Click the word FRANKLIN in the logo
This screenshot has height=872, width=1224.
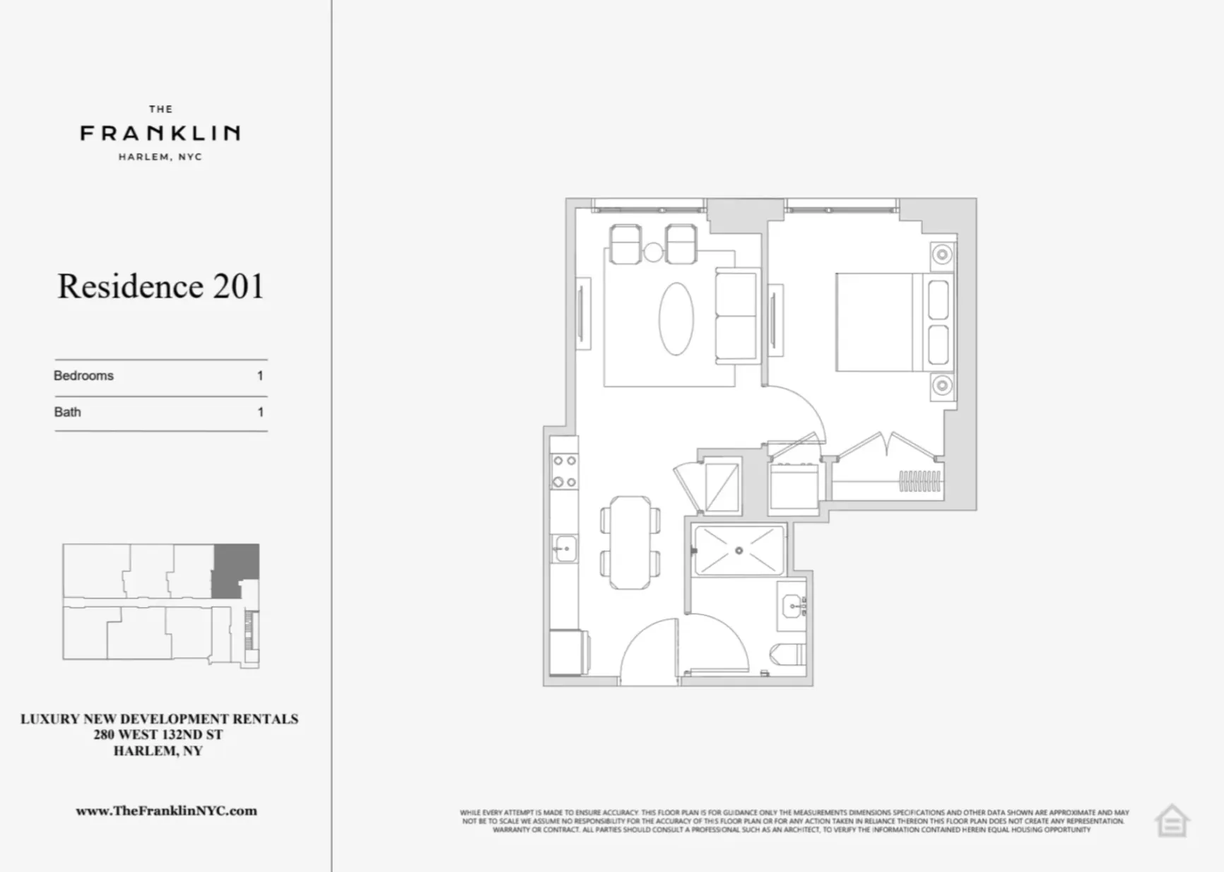160,133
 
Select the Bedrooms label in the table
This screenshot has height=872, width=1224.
83,376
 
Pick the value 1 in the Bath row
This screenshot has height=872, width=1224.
260,412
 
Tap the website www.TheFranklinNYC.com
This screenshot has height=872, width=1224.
166,811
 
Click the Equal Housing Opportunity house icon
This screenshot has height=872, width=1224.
1172,822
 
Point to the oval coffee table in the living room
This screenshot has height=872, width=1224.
676,319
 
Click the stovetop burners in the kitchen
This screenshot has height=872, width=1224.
564,471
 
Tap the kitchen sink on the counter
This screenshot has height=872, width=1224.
565,548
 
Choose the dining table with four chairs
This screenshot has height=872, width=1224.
630,542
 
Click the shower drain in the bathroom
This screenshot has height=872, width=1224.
738,550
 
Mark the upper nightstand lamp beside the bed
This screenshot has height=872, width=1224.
942,254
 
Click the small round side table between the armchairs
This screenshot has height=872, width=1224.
653,252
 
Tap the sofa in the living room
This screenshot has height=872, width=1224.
736,316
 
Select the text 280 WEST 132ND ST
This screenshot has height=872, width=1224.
158,735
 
